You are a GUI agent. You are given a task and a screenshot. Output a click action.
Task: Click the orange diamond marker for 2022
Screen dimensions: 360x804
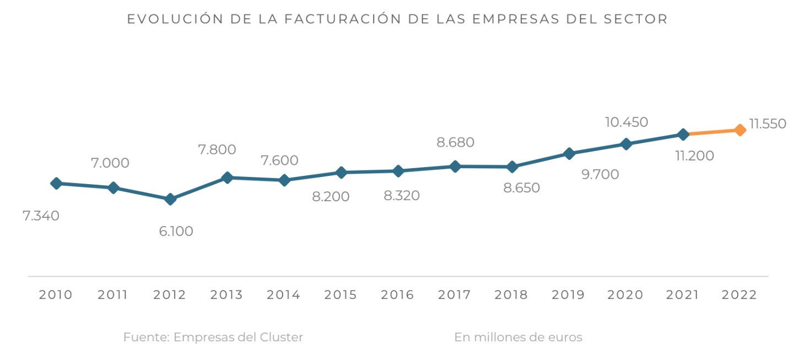pos(740,130)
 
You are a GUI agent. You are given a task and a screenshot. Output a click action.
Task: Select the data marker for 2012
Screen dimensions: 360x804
pos(170,199)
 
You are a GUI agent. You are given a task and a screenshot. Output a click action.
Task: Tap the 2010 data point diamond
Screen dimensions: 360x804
pos(56,183)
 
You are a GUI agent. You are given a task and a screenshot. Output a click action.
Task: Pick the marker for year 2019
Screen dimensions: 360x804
pos(569,153)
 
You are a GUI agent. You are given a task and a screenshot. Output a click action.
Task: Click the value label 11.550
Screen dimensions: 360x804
pos(767,124)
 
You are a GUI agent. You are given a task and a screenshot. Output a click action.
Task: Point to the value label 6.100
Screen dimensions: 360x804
pos(176,232)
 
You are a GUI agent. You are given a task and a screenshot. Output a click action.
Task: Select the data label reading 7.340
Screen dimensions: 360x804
pos(41,216)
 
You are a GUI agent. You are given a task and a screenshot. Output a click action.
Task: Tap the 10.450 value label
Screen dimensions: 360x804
pos(626,122)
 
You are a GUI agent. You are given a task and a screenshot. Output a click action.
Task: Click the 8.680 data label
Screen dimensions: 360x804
pos(455,142)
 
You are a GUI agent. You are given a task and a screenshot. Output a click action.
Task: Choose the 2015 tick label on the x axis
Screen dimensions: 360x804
pos(341,295)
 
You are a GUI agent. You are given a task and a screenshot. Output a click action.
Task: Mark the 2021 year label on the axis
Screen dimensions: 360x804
pos(683,295)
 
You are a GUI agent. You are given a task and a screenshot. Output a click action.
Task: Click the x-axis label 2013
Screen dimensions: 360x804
pos(226,295)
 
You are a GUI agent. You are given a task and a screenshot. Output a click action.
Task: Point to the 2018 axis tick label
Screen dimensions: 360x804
pos(511,295)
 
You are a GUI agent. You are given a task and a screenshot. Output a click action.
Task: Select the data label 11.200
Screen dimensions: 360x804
pos(694,156)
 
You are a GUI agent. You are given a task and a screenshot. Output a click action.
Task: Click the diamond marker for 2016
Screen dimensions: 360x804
pos(398,171)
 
